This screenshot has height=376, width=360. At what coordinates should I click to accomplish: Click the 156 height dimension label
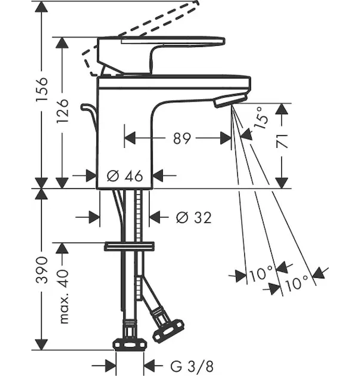tap(42, 89)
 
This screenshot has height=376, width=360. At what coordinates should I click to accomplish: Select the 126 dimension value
tap(63, 110)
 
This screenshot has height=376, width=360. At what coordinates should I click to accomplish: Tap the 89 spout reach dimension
tap(182, 138)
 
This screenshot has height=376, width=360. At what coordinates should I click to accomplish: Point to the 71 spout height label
tap(282, 141)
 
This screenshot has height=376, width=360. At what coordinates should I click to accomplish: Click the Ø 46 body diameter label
tap(125, 175)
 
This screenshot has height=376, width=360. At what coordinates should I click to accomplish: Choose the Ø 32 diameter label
tap(193, 217)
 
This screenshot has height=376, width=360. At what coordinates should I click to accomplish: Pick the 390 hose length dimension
tap(42, 269)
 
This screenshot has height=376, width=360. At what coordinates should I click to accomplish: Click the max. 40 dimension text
tap(63, 296)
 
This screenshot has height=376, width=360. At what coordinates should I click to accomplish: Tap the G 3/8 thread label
tap(192, 366)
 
